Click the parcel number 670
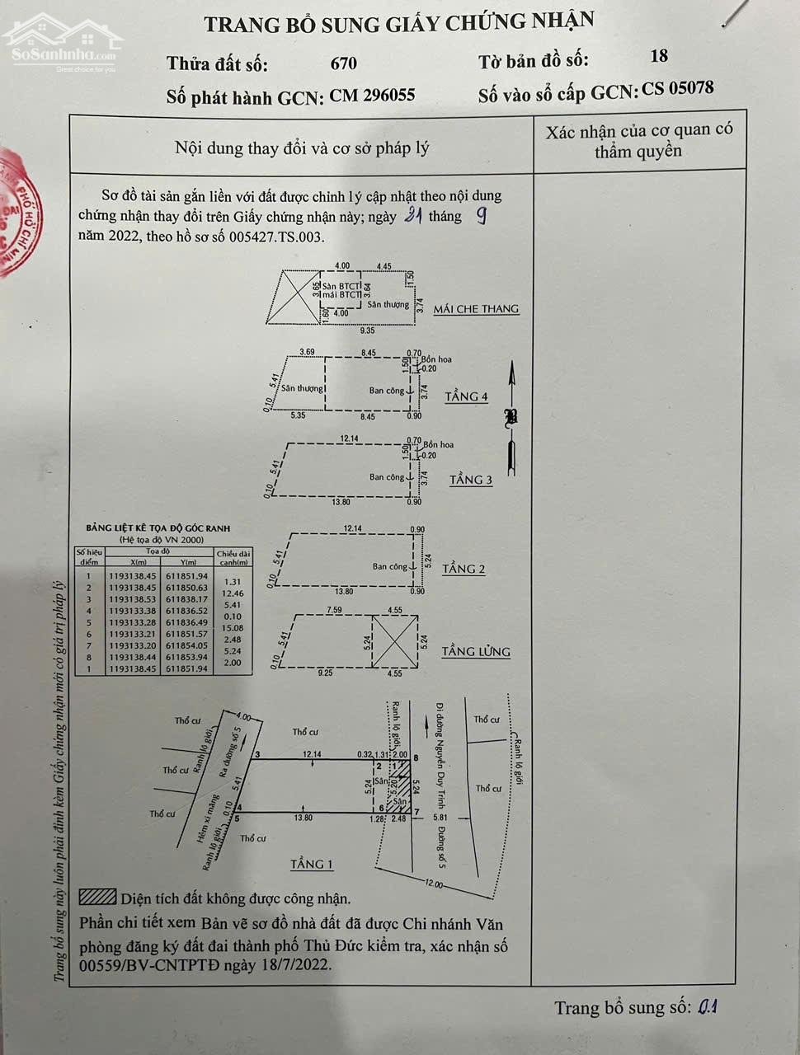(x=343, y=63)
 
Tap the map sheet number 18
(x=658, y=56)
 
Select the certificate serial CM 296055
(x=372, y=96)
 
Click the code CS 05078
(x=678, y=89)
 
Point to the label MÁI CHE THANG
(x=476, y=309)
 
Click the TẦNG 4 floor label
(x=466, y=397)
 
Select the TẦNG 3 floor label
(x=471, y=480)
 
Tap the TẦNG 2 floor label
(x=464, y=569)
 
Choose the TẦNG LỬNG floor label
(x=476, y=652)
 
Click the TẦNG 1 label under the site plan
(x=312, y=865)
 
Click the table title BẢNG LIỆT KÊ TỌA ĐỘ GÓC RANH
(x=158, y=528)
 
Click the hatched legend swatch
(x=97, y=897)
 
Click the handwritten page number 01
(x=708, y=1006)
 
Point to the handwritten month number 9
(x=481, y=216)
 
